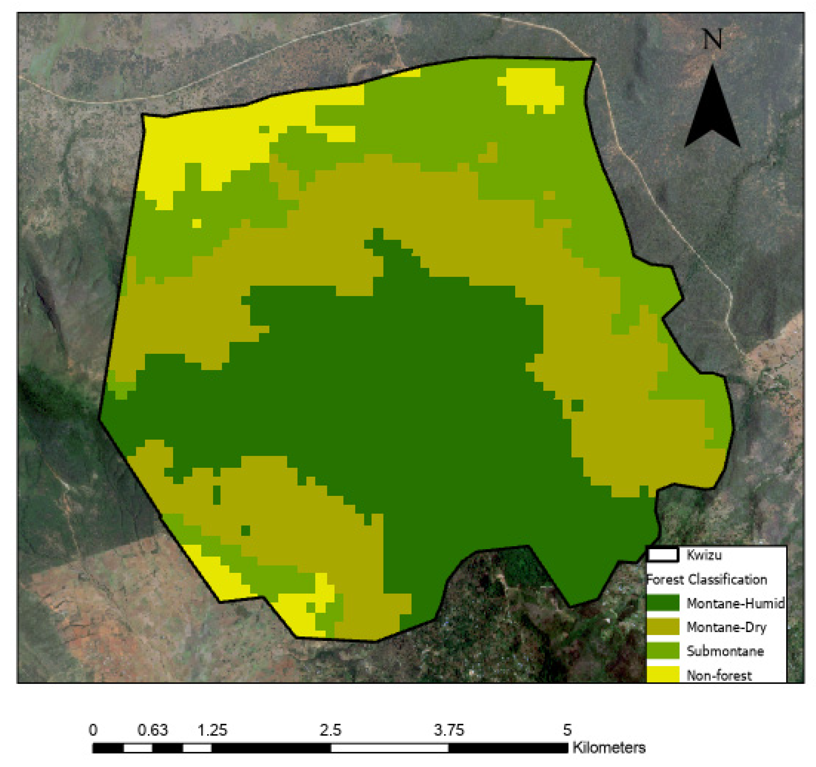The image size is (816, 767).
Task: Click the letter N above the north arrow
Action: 712,39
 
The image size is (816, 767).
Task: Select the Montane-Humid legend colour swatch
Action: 663,603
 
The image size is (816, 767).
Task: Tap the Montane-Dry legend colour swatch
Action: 663,627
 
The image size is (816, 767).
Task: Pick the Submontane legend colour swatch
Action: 663,651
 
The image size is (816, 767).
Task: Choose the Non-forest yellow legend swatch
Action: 663,675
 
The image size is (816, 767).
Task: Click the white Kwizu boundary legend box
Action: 662,555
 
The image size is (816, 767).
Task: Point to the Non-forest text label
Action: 719,675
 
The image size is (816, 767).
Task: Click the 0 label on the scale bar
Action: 93,730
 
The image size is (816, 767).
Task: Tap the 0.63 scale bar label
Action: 152,730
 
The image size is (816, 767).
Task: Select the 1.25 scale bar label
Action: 212,730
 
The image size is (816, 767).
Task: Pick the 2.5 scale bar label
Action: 331,730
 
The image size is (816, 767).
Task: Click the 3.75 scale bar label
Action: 449,730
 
